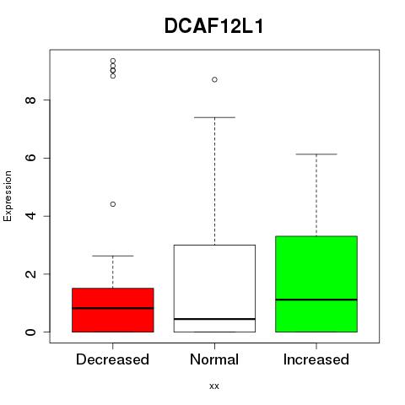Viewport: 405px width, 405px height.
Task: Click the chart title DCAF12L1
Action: point(213,26)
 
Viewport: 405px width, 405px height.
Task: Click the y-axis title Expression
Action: point(8,196)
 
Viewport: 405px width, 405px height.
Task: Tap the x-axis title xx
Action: point(214,386)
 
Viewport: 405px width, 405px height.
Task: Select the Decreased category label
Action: point(112,359)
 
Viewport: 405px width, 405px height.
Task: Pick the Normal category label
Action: point(214,359)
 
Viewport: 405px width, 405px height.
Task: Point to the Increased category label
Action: point(316,359)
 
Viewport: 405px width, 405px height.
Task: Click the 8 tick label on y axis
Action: point(30,100)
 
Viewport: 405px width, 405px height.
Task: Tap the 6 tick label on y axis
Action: point(30,158)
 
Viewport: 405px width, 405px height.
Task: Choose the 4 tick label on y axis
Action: point(30,216)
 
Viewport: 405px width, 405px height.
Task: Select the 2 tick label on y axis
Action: point(30,274)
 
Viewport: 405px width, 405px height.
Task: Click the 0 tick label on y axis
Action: point(30,332)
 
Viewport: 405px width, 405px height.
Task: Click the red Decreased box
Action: point(113,310)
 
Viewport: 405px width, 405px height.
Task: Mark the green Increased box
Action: point(316,284)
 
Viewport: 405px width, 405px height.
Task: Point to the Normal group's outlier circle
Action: point(214,79)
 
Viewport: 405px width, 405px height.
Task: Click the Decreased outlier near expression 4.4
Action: point(113,204)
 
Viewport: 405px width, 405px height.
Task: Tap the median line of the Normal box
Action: point(214,319)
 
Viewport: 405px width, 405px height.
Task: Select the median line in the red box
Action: point(113,308)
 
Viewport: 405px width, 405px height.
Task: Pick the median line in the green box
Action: point(316,300)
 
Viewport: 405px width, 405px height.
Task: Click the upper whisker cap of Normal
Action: point(214,117)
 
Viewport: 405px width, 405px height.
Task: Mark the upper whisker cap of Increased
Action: point(316,154)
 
